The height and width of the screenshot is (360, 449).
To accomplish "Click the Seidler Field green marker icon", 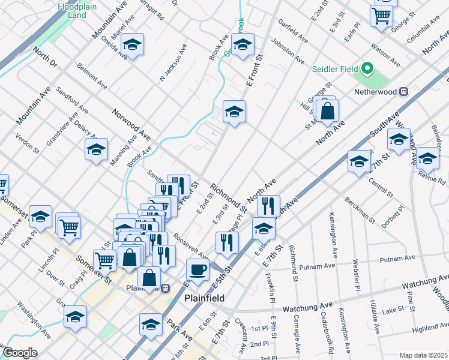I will point(369,68).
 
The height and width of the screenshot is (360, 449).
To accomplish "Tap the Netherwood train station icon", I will point(404,92).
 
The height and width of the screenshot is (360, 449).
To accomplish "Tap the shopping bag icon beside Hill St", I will point(327,111).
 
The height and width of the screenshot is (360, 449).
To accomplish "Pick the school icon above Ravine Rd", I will point(428,158).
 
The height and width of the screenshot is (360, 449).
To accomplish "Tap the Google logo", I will point(20,353).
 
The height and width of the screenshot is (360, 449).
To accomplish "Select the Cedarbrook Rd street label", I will point(325,331).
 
